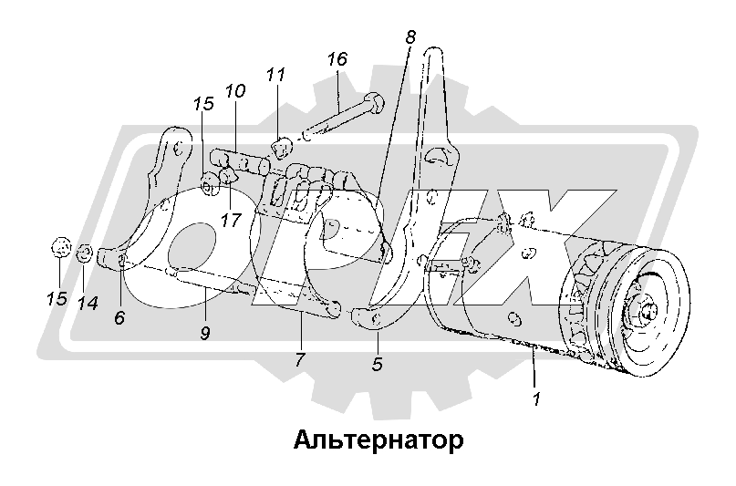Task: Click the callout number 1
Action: pos(538,398)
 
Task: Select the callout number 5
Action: pos(378,364)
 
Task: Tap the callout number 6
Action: pos(119,318)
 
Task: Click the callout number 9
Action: pos(205,333)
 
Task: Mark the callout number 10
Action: pos(234,91)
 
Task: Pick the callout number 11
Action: pos(276,76)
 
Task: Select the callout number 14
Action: pos(87,303)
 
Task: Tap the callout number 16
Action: pos(337,59)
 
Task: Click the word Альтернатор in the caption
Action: pos(379,440)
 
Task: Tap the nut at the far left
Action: pos(60,246)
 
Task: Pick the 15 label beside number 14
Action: pos(57,297)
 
